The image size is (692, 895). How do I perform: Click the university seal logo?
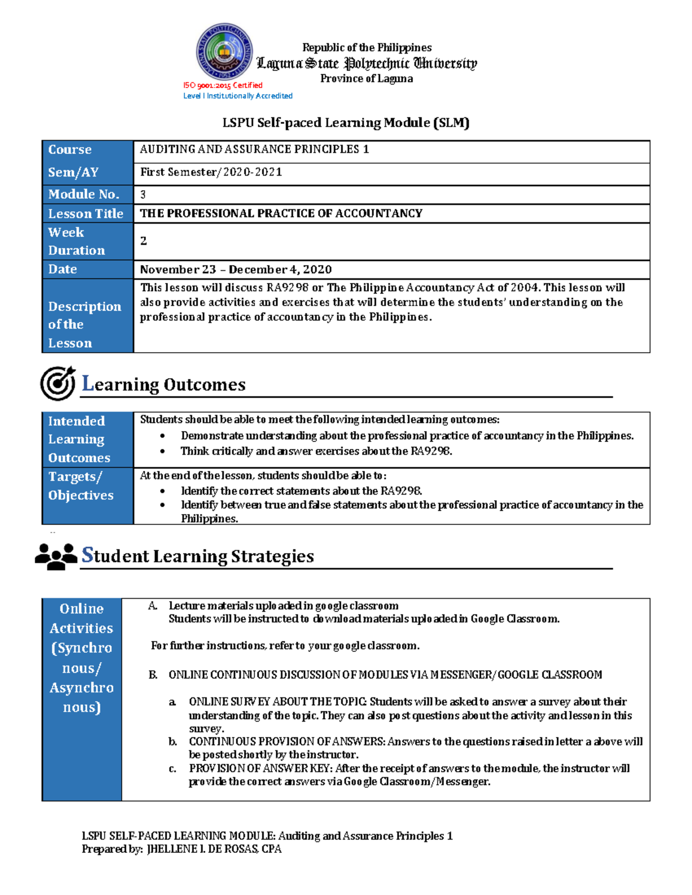pos(224,51)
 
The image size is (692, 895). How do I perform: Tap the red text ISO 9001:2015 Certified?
pos(223,85)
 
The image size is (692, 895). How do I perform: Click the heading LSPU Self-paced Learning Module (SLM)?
pos(346,123)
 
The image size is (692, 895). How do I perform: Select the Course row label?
pos(70,150)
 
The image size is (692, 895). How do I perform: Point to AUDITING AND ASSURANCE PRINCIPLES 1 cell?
pos(254,149)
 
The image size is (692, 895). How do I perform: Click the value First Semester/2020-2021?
pos(211,172)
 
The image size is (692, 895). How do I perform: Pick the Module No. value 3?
pos(143,195)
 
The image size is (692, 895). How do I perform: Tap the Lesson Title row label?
pos(85,214)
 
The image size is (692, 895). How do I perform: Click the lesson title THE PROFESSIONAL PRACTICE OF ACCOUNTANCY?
pos(281,213)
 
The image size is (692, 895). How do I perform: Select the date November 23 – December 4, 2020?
pos(235,270)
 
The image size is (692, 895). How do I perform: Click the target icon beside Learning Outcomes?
pos(58,383)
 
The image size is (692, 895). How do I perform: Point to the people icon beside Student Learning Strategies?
pos(56,556)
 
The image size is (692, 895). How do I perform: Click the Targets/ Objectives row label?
pos(81,486)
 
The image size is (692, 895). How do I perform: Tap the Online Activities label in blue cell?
pos(81,658)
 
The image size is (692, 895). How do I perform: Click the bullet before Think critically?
pos(163,452)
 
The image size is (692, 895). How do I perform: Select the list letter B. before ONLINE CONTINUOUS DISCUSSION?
pos(153,675)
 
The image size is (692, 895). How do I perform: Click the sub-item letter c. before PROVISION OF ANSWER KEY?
pos(172,769)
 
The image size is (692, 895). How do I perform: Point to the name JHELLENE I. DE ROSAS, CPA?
pos(214,849)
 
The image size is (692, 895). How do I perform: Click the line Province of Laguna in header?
pos(366,79)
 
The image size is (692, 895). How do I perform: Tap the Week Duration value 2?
pos(144,241)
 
